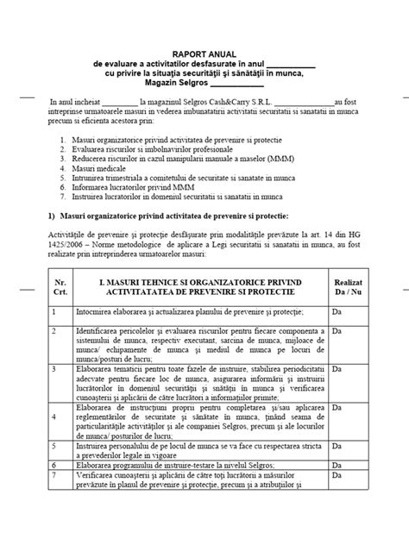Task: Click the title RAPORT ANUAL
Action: [205, 53]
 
